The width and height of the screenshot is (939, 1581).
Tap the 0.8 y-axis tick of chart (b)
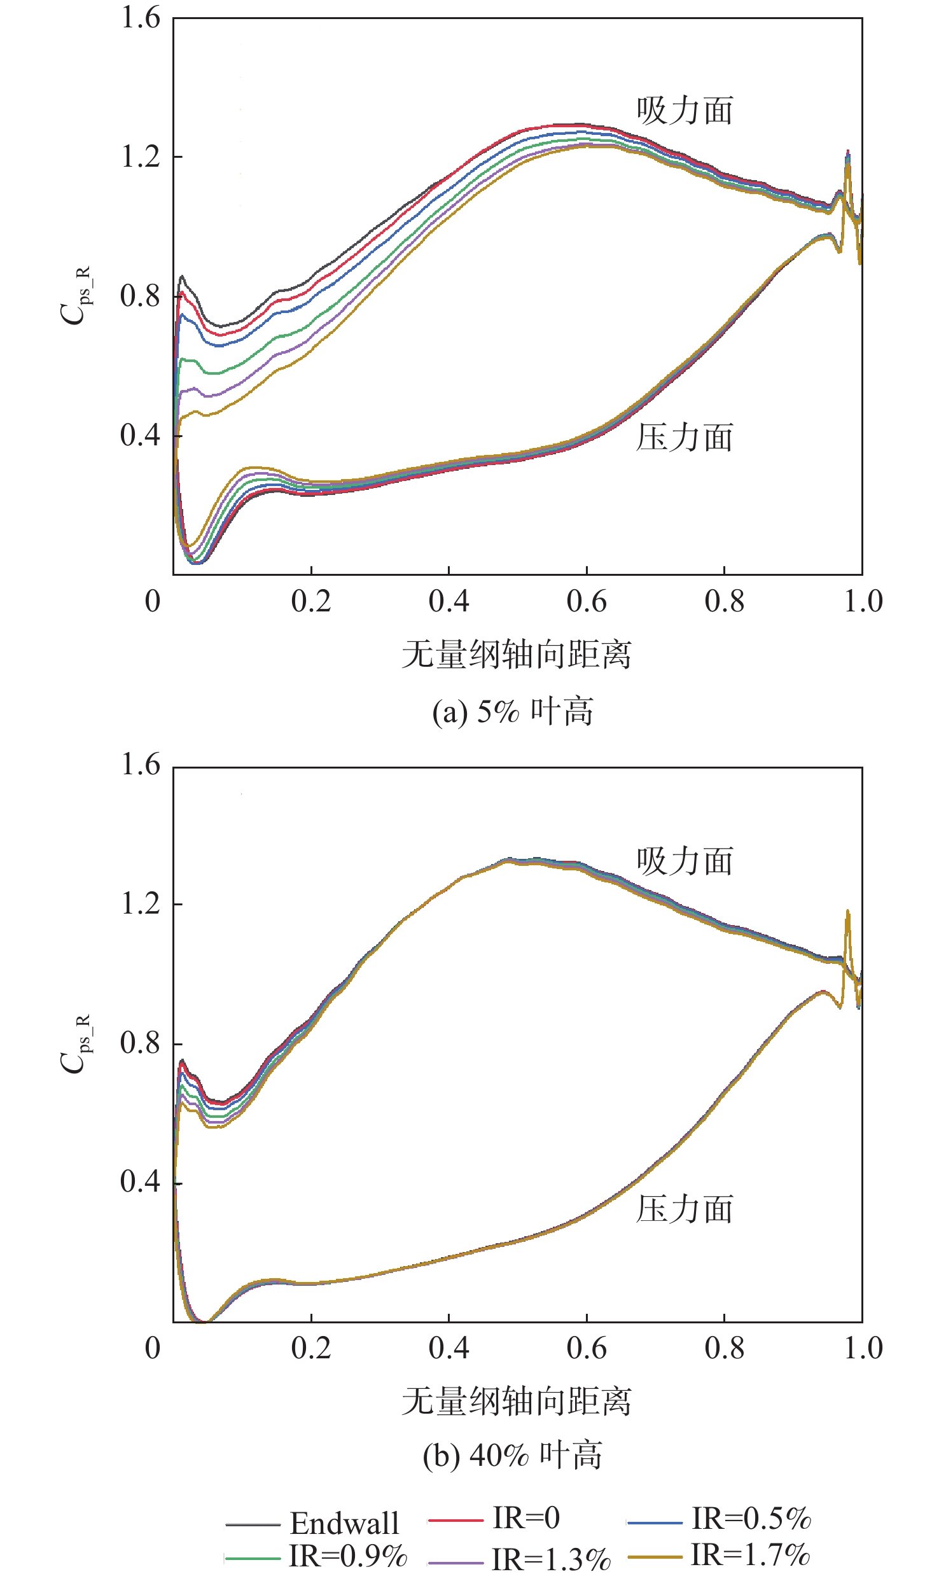click(x=141, y=1043)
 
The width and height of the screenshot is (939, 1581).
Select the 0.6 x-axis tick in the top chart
click(x=587, y=601)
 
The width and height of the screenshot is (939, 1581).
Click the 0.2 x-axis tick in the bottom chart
click(x=311, y=1348)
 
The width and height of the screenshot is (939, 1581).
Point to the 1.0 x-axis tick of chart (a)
click(x=863, y=601)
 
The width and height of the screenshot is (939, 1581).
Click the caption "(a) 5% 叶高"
click(x=513, y=711)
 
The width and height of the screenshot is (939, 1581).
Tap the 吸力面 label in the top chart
click(x=685, y=111)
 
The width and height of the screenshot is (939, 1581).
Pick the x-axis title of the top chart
click(x=517, y=655)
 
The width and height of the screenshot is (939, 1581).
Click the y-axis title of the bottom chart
click(x=75, y=1043)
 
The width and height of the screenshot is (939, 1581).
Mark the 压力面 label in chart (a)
click(x=685, y=438)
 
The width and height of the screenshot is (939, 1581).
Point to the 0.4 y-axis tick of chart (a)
click(x=141, y=436)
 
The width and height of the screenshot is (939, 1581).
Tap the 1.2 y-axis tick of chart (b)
click(x=141, y=903)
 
